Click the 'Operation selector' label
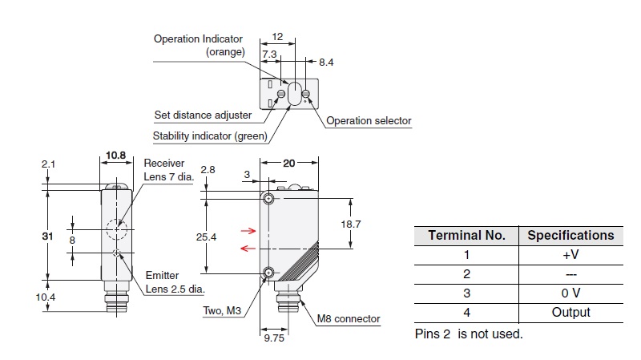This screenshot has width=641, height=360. point(369,121)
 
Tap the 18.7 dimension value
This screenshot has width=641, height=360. point(350,224)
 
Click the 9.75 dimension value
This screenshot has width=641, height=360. point(274,338)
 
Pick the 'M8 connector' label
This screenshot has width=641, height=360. point(348,318)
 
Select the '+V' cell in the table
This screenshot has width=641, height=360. point(570,255)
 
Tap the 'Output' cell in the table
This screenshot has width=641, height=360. point(570,313)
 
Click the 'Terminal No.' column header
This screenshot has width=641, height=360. point(466,235)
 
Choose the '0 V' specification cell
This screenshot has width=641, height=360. point(570,293)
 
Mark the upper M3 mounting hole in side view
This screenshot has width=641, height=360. point(268,198)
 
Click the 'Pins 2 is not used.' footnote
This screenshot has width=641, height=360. point(468,334)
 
